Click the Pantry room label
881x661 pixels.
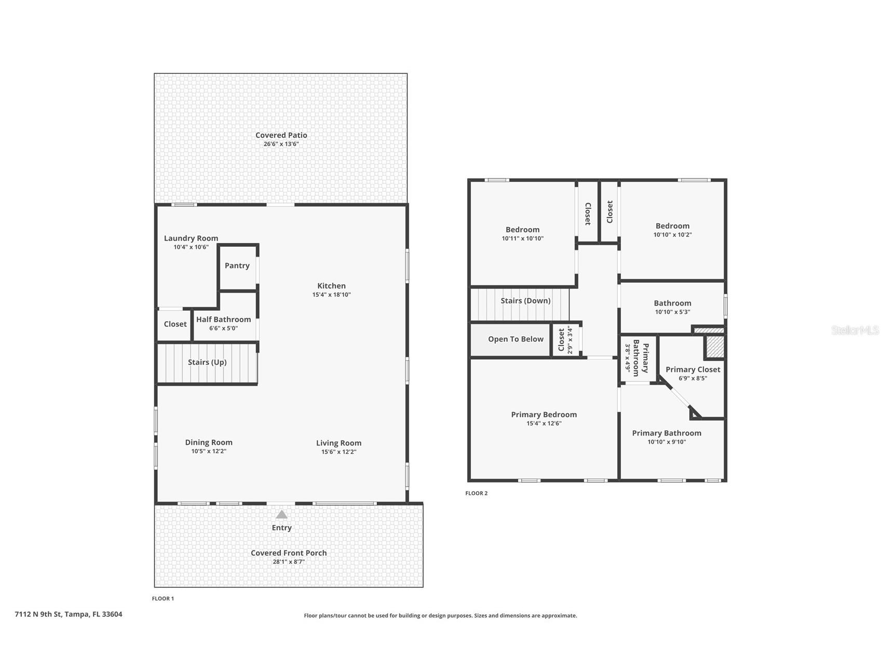237,266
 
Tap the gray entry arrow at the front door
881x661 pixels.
281,514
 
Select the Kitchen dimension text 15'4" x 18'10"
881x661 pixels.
332,295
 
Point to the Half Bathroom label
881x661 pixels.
224,320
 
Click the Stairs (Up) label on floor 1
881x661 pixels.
207,362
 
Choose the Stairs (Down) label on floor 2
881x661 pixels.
525,301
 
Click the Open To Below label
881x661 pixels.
516,339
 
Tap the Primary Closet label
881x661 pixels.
693,369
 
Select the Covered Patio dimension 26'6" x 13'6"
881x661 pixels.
281,144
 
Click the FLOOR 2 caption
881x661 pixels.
477,493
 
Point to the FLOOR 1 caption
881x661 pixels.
163,599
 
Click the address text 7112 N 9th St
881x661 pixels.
38,614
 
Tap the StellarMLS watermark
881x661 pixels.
855,330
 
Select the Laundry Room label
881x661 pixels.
191,239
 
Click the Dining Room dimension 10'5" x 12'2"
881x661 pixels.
209,451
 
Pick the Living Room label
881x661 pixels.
338,443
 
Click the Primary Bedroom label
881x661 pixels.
544,415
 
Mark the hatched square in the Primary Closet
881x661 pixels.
714,347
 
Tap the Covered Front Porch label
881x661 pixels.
289,553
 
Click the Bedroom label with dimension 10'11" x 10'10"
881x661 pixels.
523,230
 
